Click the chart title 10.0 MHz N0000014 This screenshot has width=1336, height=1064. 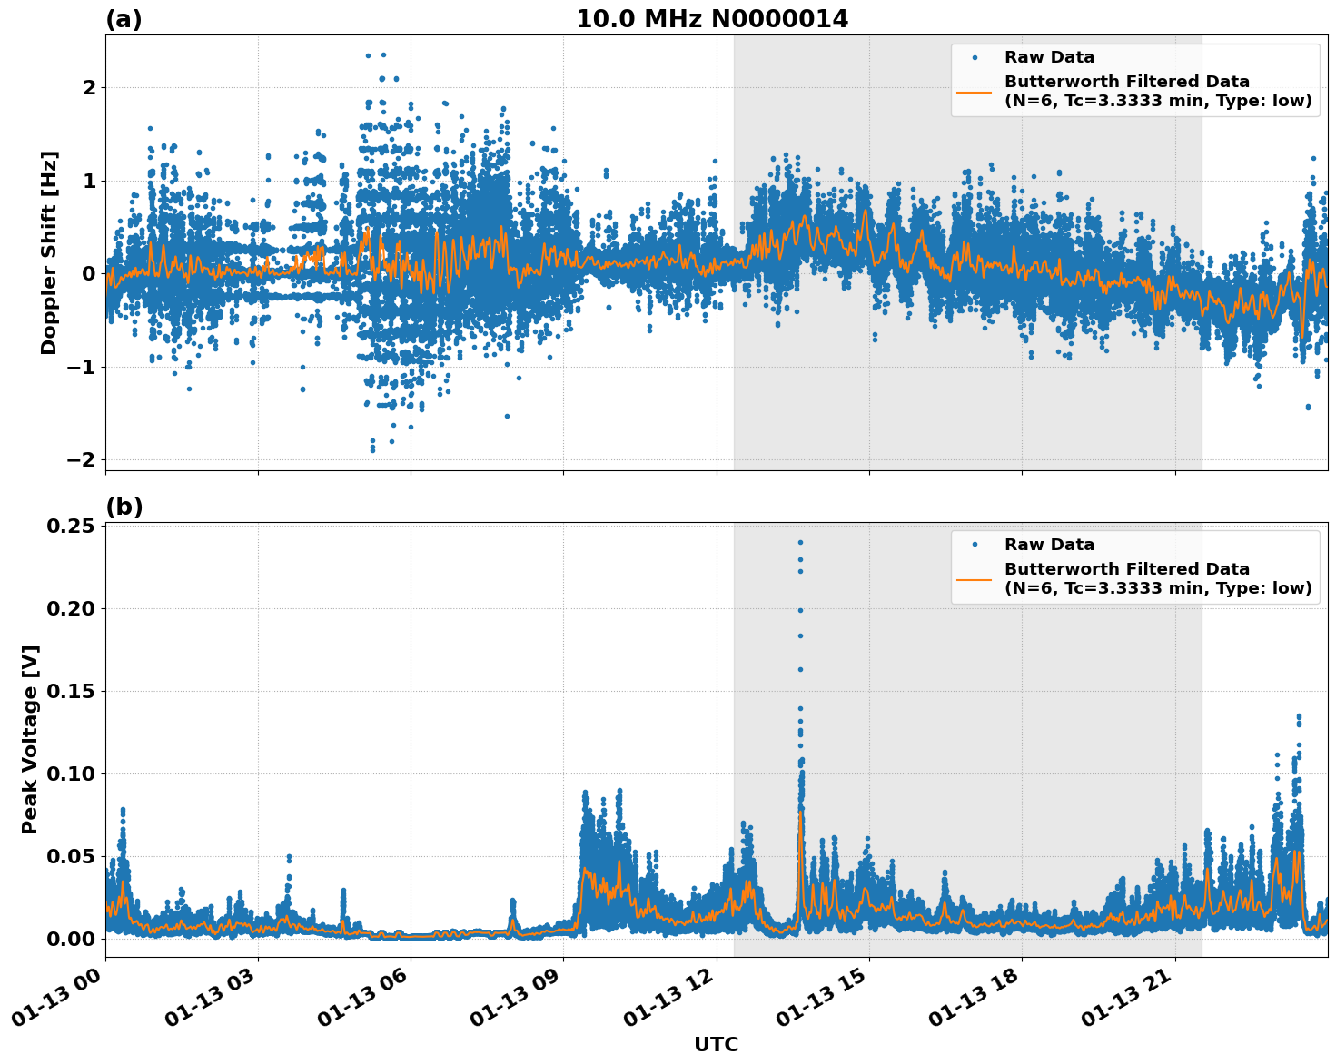[x=711, y=19]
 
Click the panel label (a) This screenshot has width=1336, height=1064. [x=124, y=19]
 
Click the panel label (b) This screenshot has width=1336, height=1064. [x=124, y=507]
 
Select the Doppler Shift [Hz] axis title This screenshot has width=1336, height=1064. [x=49, y=252]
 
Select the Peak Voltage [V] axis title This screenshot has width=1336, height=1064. [x=30, y=739]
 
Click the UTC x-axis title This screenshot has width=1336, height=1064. [x=716, y=1044]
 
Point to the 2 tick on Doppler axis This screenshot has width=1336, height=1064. [x=89, y=88]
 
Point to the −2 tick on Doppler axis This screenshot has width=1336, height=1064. [x=81, y=460]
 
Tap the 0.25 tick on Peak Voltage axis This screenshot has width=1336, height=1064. [x=72, y=527]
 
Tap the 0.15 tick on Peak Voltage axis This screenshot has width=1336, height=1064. [x=72, y=692]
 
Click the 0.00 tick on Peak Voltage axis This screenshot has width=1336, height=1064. [x=72, y=939]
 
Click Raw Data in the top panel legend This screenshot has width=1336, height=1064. [x=1049, y=57]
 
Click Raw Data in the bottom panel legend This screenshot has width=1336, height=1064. [x=1049, y=545]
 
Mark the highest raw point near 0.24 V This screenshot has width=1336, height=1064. [x=800, y=542]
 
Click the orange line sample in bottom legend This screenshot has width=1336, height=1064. [x=975, y=578]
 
